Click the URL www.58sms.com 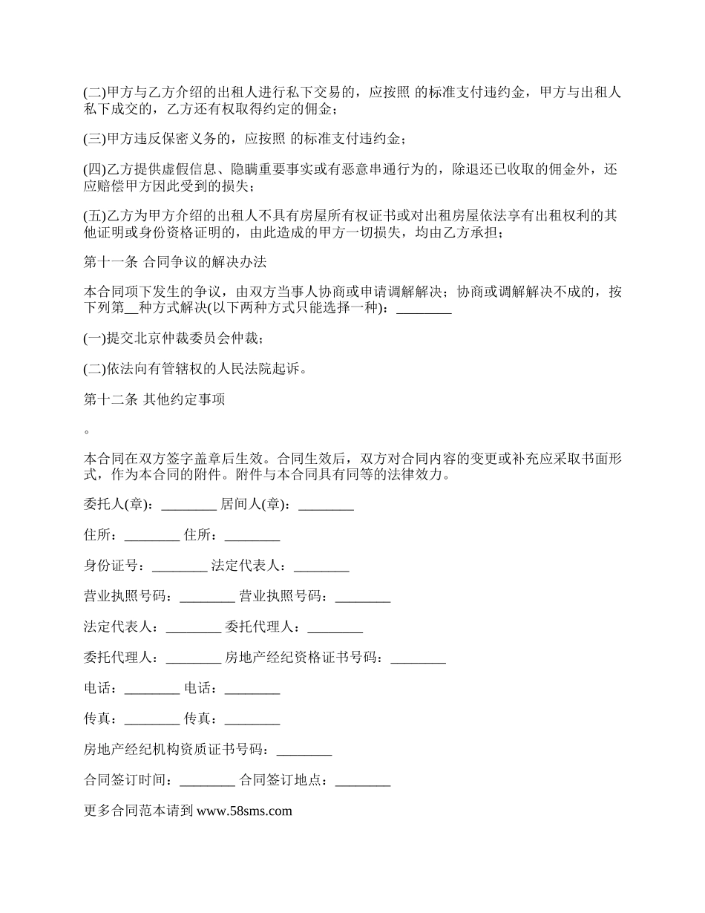(244, 811)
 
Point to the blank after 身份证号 (180, 566)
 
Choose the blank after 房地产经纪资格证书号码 (418, 657)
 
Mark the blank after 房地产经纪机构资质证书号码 (304, 750)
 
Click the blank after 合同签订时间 (207, 780)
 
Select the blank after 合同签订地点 (363, 780)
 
